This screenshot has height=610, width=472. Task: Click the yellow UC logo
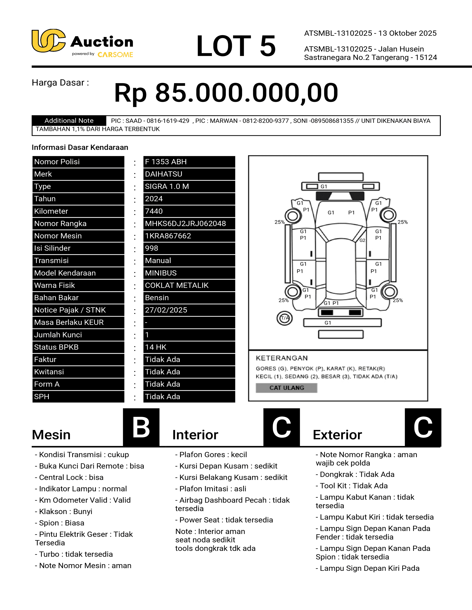(x=48, y=41)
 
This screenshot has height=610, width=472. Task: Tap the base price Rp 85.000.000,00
(x=226, y=93)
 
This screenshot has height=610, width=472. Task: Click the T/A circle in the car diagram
(x=285, y=318)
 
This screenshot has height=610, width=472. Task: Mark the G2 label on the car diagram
(x=362, y=240)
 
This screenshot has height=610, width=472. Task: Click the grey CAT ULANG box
(x=286, y=388)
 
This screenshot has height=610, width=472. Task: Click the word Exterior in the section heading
(x=337, y=435)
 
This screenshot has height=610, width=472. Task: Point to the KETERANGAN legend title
(x=282, y=358)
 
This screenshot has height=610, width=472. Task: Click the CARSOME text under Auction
(x=115, y=55)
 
